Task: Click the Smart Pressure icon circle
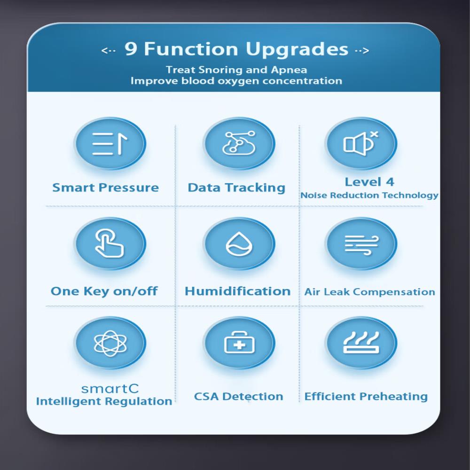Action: tap(110, 144)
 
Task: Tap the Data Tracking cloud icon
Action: tap(239, 143)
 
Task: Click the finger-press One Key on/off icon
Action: tap(109, 243)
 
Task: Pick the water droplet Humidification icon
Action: tap(239, 243)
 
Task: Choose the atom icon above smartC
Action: tap(110, 344)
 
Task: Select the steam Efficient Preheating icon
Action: tap(361, 343)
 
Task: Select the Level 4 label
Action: tap(369, 182)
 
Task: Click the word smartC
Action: tap(110, 389)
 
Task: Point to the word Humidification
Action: tap(237, 291)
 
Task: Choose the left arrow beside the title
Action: tap(109, 50)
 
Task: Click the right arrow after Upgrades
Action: tap(362, 51)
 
